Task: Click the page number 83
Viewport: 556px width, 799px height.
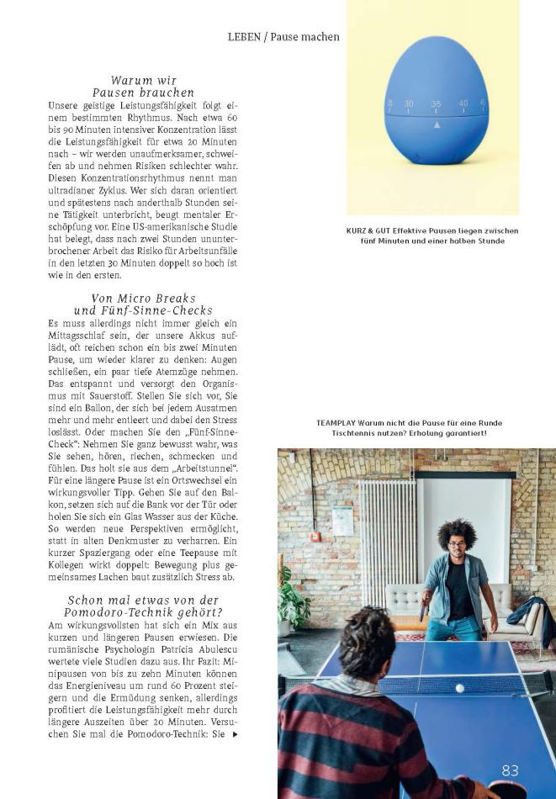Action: pos(510,770)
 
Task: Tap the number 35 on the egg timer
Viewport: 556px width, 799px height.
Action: pos(436,104)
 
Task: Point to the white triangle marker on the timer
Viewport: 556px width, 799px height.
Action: pos(436,124)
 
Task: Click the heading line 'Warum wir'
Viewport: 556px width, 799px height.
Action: pos(143,81)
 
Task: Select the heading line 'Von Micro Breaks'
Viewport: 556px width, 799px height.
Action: pos(143,298)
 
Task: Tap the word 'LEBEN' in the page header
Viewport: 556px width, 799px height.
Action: pos(246,37)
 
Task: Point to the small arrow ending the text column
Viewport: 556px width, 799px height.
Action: pos(235,734)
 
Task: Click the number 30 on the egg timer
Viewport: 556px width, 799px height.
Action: pos(409,104)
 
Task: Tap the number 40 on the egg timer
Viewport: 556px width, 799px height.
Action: pos(463,103)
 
